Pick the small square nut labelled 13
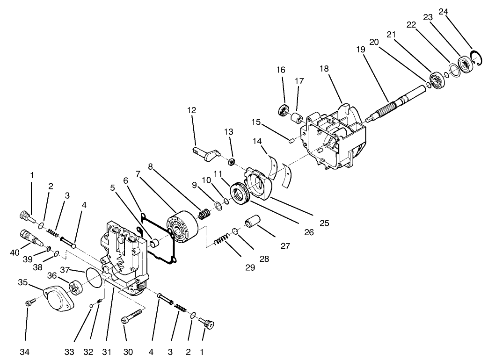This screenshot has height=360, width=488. [x=230, y=162]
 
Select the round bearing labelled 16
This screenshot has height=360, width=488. [x=284, y=111]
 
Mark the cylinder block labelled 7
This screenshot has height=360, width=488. [x=182, y=230]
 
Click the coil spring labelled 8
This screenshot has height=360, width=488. [x=204, y=215]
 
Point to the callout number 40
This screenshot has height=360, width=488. [x=14, y=252]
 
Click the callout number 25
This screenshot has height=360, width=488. [x=324, y=223]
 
